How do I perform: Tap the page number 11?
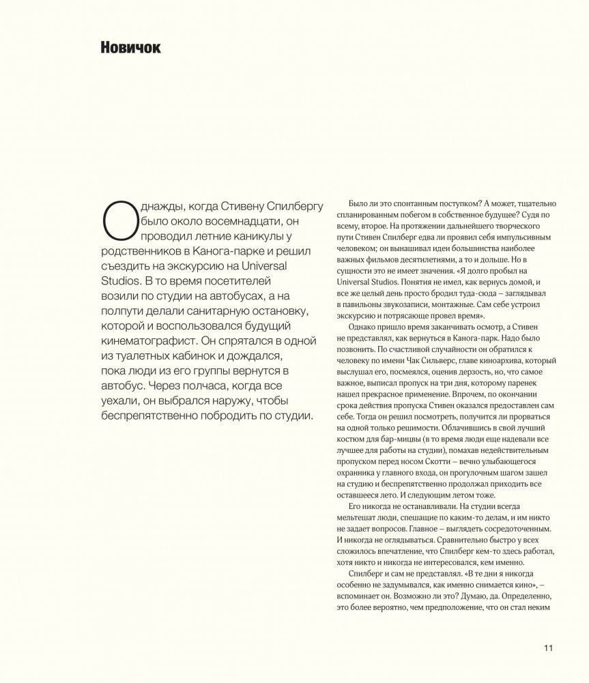click(549, 648)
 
